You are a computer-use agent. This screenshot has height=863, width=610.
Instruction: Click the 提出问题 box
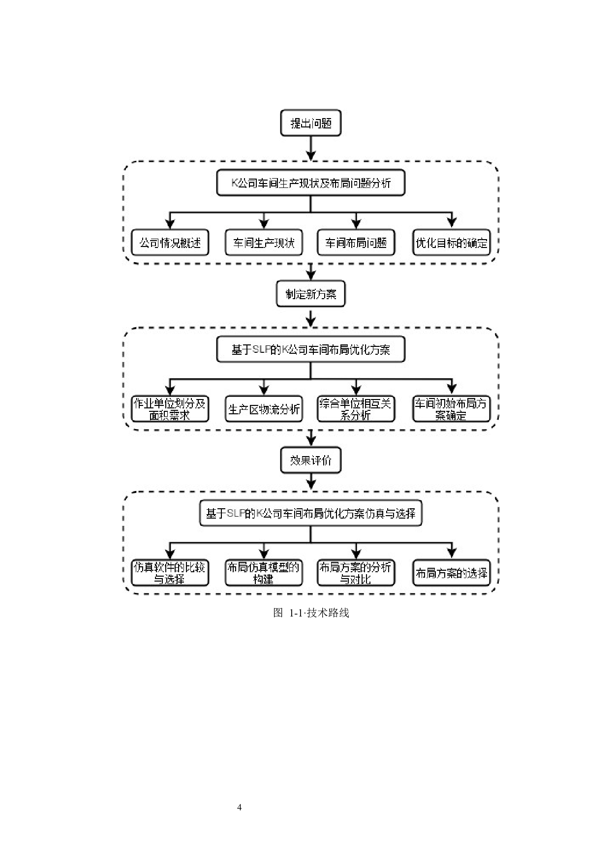[310, 123]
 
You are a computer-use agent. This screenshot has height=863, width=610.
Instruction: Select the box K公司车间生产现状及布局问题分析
[310, 183]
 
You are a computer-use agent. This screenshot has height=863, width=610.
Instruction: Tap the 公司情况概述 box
[170, 243]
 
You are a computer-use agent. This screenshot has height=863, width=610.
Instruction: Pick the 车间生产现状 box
[264, 243]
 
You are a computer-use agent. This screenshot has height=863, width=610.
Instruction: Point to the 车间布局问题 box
[356, 243]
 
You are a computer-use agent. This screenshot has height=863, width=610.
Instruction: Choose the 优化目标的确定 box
[451, 243]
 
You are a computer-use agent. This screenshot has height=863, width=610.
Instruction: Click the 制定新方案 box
[310, 294]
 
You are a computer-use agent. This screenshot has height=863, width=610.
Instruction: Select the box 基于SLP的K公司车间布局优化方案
[310, 349]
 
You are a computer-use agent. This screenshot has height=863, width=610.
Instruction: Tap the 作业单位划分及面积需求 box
[170, 409]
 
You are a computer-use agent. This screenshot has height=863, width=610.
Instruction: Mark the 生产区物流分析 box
[264, 409]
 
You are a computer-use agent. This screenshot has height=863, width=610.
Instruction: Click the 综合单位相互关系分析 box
[356, 409]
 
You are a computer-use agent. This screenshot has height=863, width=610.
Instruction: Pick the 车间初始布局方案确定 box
[451, 409]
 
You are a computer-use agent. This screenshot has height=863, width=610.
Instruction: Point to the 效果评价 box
[310, 460]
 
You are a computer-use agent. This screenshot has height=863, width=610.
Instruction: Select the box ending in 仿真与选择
[310, 513]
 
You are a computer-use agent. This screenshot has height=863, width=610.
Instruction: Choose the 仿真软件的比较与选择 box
[170, 573]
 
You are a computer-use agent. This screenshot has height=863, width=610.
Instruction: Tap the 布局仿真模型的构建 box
[264, 573]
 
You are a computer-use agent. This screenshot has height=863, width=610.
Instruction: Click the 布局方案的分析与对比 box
[356, 573]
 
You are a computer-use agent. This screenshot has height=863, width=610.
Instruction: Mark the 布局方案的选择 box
[451, 573]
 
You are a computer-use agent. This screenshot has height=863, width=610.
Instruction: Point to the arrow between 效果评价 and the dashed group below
[310, 481]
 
